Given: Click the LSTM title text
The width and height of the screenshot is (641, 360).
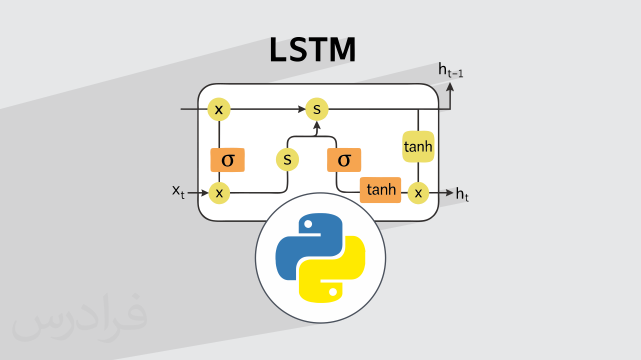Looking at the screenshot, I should pyautogui.click(x=312, y=50).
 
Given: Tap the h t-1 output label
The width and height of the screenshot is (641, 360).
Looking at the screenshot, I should pyautogui.click(x=450, y=71).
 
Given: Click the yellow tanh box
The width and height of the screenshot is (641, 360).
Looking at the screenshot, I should pyautogui.click(x=418, y=147).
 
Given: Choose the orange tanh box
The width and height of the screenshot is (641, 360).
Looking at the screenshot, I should pyautogui.click(x=380, y=190).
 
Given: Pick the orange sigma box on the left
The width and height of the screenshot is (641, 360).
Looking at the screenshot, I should pyautogui.click(x=227, y=160).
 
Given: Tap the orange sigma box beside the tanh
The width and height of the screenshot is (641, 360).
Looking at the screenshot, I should pyautogui.click(x=344, y=160).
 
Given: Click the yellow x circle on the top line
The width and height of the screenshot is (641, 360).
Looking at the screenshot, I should pyautogui.click(x=219, y=109).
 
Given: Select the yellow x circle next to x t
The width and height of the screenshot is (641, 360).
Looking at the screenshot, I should pyautogui.click(x=219, y=192).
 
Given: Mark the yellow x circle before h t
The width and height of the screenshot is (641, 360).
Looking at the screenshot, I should pyautogui.click(x=418, y=192).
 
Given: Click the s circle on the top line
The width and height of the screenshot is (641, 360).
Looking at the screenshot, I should pyautogui.click(x=317, y=109).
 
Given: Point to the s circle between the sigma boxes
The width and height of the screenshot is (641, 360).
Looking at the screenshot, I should pyautogui.click(x=287, y=159).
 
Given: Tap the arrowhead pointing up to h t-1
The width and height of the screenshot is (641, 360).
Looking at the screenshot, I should pyautogui.click(x=450, y=86).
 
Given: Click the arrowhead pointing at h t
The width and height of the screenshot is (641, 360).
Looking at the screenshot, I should pyautogui.click(x=449, y=192).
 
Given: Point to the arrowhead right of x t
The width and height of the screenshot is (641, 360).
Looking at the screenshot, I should pyautogui.click(x=204, y=192).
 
